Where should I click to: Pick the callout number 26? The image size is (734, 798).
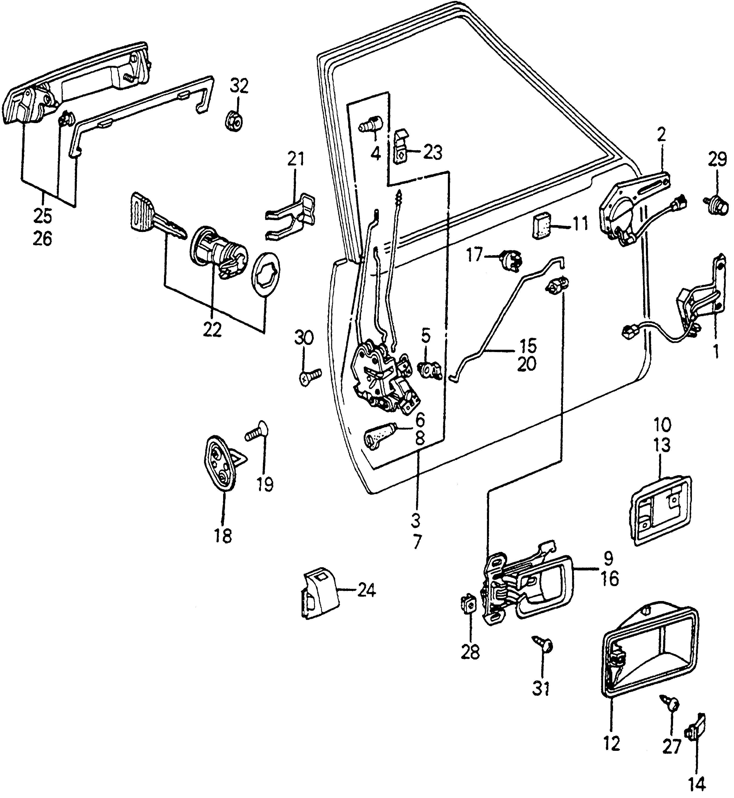point(43,239)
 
